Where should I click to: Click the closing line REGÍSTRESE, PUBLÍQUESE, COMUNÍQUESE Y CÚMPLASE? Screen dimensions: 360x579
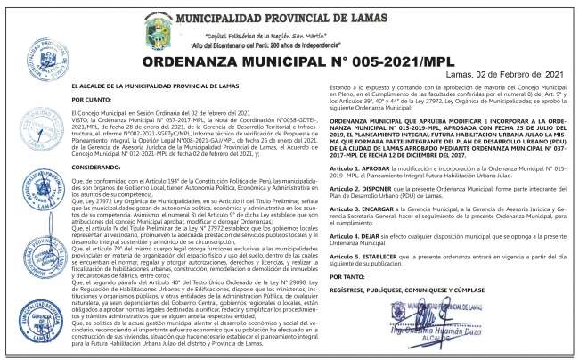(407, 290)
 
